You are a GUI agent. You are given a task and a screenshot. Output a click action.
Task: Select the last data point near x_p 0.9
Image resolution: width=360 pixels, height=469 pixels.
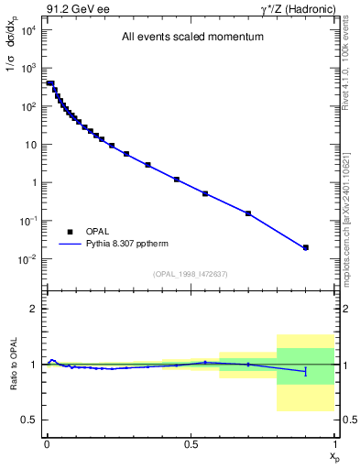pos(306,247)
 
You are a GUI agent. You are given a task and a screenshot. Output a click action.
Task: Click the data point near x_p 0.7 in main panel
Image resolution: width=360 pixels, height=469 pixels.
pos(248,213)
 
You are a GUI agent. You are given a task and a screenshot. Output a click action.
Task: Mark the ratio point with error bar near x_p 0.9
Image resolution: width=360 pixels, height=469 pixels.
pos(306,371)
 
